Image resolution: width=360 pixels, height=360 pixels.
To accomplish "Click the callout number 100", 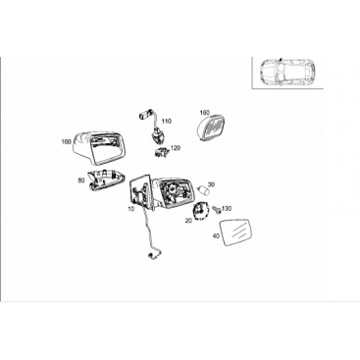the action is pos(66,142).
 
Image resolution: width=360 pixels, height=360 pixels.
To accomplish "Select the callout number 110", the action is pos(167,122).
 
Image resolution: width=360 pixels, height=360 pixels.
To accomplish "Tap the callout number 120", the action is pos(176,148).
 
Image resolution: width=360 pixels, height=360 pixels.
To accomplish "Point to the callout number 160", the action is pos(204,113).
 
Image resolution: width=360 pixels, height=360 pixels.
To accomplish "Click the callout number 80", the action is pos(81,180).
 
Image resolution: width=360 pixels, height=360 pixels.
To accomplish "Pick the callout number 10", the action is pos(131,208).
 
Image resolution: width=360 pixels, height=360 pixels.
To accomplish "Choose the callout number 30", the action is pos(211,184).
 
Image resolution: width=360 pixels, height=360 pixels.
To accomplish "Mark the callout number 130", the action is pos(227,208).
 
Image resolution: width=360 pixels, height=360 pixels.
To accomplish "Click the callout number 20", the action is pos(188,221).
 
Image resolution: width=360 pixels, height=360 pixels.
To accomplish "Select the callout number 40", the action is pos(216,235).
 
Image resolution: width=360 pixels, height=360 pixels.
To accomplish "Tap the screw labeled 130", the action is pos(217,209).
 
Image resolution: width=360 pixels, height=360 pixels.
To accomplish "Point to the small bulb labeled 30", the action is pos(203,190).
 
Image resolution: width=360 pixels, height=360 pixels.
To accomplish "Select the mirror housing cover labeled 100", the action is pos(99,147).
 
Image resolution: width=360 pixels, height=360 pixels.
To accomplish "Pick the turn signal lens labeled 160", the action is pos(213,128).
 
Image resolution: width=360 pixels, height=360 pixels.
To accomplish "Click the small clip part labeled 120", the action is pos(162,151).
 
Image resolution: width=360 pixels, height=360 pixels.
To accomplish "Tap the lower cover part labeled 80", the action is pos(106,180).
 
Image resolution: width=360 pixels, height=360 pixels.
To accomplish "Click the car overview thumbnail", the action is pos(287,73).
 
